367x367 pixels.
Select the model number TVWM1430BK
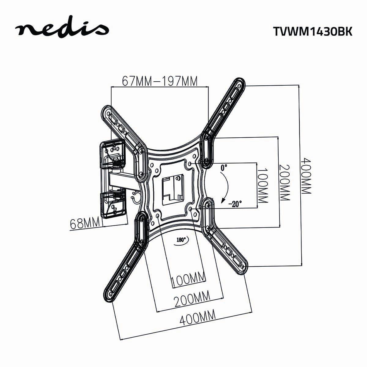[x=312, y=31]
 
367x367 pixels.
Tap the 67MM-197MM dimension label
[x=160, y=81]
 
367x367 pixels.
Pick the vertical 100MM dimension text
[x=262, y=185]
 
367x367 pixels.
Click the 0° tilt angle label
[x=224, y=168]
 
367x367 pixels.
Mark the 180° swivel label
[x=183, y=240]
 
